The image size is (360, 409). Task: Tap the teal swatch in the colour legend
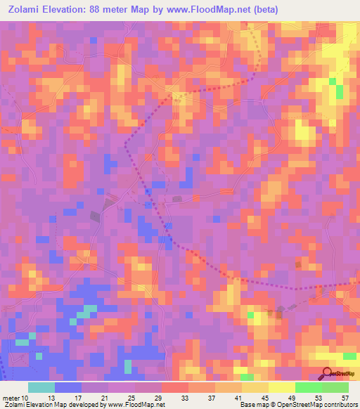click(x=41, y=387)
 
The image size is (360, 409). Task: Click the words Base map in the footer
click(x=252, y=405)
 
